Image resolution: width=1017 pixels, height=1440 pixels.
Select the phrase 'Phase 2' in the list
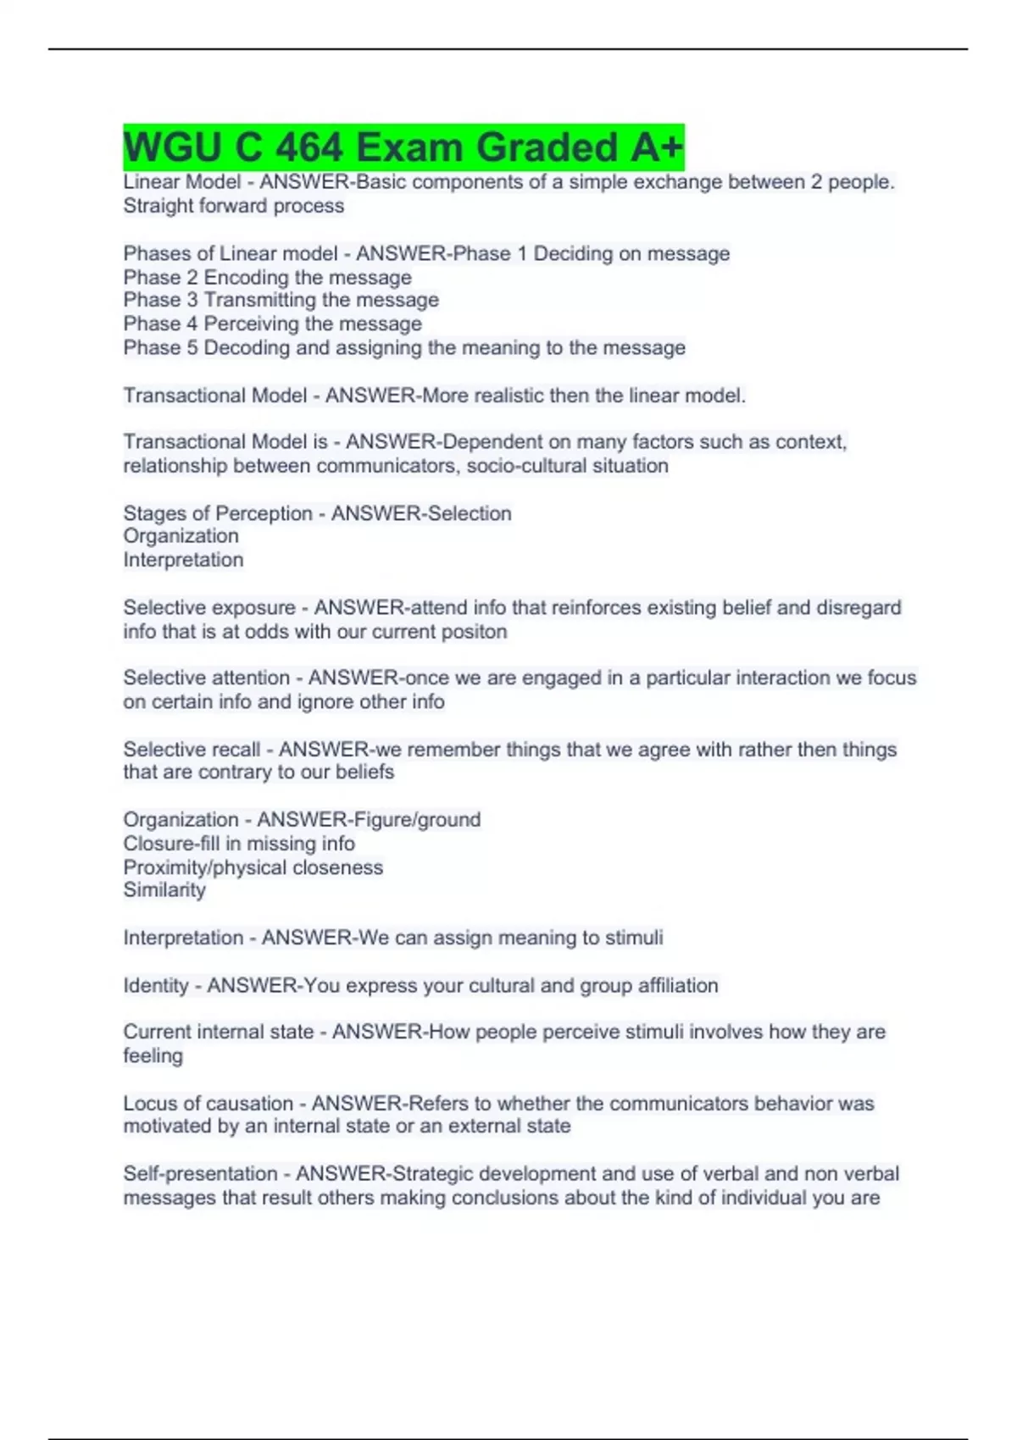point(160,277)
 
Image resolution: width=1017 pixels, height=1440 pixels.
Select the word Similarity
point(164,890)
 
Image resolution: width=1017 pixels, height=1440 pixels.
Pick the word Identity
point(156,986)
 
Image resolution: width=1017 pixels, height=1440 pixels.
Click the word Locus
point(150,1104)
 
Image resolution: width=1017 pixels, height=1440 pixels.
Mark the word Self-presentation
point(200,1174)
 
